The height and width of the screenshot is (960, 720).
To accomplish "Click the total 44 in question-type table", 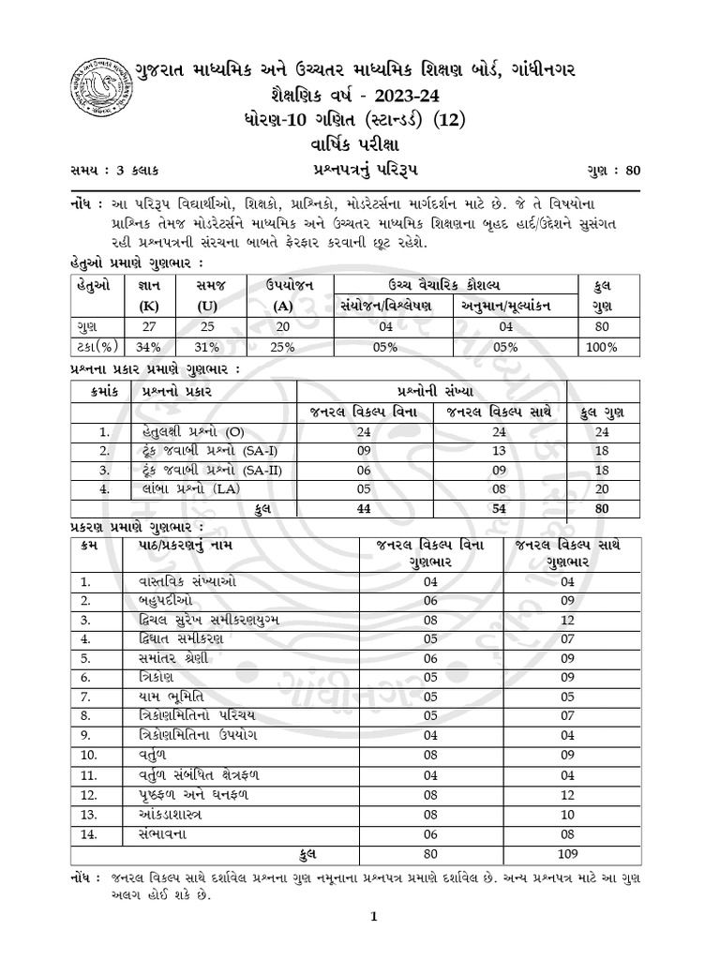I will coord(364,507).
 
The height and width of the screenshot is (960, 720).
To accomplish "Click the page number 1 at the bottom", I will coord(372,918).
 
